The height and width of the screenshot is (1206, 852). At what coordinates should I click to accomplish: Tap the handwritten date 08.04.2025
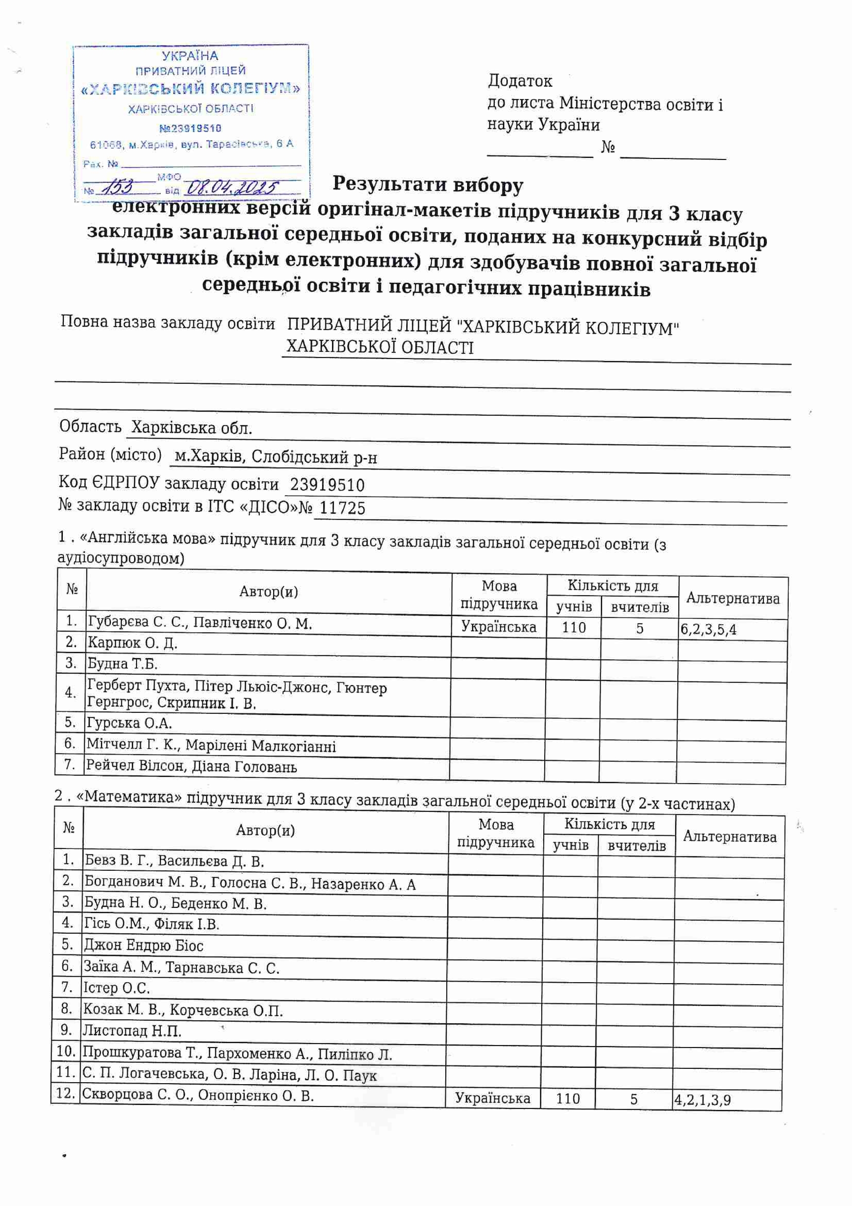pos(233,187)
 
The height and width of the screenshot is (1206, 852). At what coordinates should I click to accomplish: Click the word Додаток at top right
pos(520,81)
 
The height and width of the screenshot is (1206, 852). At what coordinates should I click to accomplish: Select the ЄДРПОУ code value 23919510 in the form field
pos(327,484)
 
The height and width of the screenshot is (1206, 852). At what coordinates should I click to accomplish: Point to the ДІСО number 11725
pos(342,508)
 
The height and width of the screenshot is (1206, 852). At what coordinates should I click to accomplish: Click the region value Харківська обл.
pos(191,428)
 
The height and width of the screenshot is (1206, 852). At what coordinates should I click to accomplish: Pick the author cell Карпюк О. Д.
pos(132,643)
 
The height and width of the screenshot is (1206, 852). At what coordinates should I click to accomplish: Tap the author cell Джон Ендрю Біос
pos(143,946)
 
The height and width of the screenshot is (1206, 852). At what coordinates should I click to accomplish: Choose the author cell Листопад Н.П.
pos(132,1031)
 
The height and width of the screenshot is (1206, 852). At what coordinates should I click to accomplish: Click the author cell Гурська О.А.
pos(130,723)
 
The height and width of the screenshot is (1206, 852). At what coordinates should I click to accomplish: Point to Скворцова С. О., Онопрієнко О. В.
pos(198,1095)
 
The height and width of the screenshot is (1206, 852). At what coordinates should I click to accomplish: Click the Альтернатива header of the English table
pos(733,598)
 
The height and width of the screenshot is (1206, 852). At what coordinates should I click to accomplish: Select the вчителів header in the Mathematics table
pos(636,846)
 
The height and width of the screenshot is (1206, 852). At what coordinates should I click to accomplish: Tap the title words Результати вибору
pos(428,185)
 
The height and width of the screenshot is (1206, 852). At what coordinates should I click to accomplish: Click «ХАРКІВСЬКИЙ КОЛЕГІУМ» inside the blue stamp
pos(190,89)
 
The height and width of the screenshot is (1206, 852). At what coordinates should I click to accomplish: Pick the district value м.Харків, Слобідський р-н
pos(276,457)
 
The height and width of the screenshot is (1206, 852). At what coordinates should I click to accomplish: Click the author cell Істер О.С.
pos(117,988)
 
